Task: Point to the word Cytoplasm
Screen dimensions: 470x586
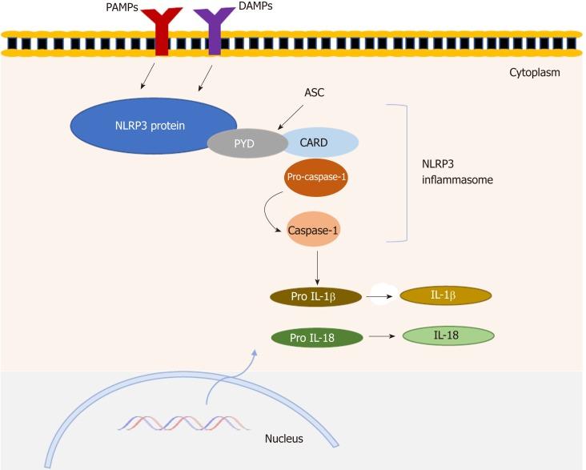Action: (534, 72)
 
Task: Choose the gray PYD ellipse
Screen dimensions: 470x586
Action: (245, 143)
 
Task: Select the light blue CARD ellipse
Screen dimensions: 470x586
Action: (317, 143)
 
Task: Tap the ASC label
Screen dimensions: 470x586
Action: (315, 93)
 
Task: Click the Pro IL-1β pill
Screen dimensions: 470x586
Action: (315, 297)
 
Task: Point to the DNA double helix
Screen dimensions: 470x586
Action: (184, 423)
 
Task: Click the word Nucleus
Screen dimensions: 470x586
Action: (283, 439)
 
